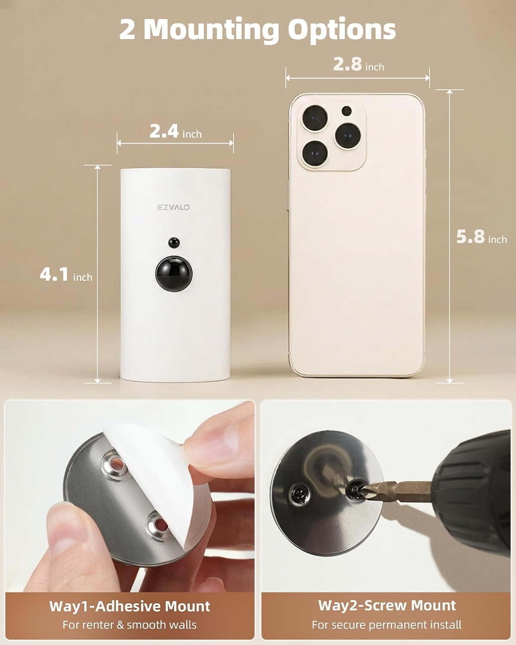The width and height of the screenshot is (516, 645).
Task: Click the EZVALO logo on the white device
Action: click(174, 207)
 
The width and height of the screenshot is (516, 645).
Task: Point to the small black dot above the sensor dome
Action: click(174, 242)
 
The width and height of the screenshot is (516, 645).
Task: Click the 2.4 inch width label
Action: click(175, 132)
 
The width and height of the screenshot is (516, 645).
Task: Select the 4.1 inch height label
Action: click(66, 275)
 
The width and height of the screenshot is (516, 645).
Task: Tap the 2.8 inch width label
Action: click(359, 65)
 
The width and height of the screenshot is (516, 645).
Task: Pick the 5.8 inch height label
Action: click(482, 237)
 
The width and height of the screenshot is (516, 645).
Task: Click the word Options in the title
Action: click(342, 29)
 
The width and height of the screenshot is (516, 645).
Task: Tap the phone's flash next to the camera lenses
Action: click(347, 111)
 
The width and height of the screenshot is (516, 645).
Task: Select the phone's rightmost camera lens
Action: click(348, 135)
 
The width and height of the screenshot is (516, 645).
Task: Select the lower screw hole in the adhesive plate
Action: click(160, 526)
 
